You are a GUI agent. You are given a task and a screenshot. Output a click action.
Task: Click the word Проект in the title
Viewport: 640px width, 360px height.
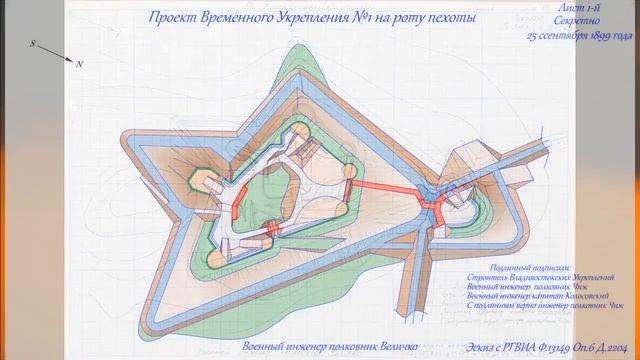pos(172,18)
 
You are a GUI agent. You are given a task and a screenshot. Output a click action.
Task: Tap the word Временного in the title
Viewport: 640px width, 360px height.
pos(245,18)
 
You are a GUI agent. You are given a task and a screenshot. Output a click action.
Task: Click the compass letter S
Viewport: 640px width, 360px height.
pos(32,45)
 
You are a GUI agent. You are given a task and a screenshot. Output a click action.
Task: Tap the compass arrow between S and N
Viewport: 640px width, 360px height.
pos(55,53)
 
